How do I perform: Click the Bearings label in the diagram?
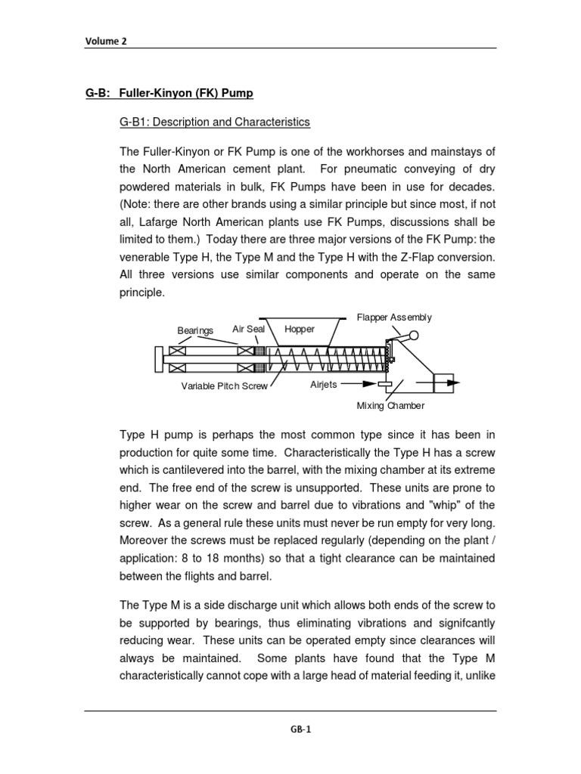(195, 331)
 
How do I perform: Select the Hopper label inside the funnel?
(300, 330)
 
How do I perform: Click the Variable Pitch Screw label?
(224, 385)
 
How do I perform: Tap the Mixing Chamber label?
(390, 406)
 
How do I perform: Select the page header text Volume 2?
(105, 42)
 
